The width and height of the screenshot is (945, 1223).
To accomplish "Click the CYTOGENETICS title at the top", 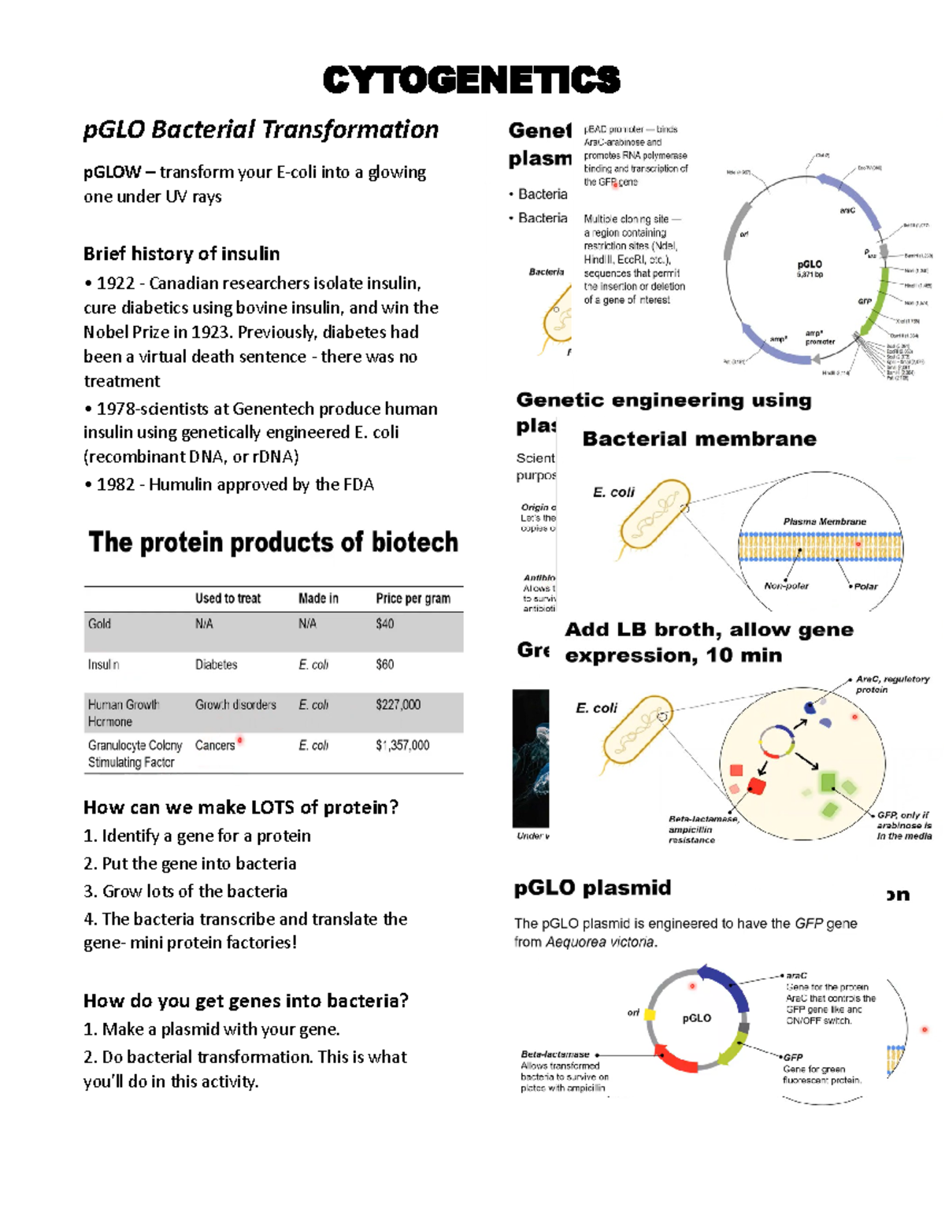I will (x=471, y=80).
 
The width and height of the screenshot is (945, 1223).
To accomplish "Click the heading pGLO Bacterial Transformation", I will (x=261, y=129).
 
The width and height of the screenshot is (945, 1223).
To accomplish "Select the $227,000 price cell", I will (x=398, y=705).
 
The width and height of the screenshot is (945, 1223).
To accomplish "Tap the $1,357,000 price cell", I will (x=402, y=745).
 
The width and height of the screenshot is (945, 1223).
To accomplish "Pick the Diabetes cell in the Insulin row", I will (x=216, y=665).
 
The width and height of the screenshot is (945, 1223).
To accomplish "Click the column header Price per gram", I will (x=413, y=599).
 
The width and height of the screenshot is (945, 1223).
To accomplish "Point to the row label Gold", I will (x=99, y=624).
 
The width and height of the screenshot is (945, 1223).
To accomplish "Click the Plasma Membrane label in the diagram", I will (x=824, y=521).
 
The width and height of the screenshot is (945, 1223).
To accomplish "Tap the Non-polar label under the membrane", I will (x=786, y=586).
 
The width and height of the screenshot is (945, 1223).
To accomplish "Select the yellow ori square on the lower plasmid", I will (x=650, y=1014).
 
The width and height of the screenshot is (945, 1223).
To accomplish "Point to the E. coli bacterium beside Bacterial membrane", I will (x=650, y=516).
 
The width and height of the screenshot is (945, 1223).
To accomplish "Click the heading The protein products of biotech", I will (x=272, y=543).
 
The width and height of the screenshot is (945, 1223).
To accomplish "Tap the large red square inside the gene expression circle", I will (x=757, y=785).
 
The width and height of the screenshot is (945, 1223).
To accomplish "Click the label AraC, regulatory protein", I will (x=891, y=684).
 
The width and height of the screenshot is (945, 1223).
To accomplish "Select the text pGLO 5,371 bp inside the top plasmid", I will (x=810, y=269).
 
